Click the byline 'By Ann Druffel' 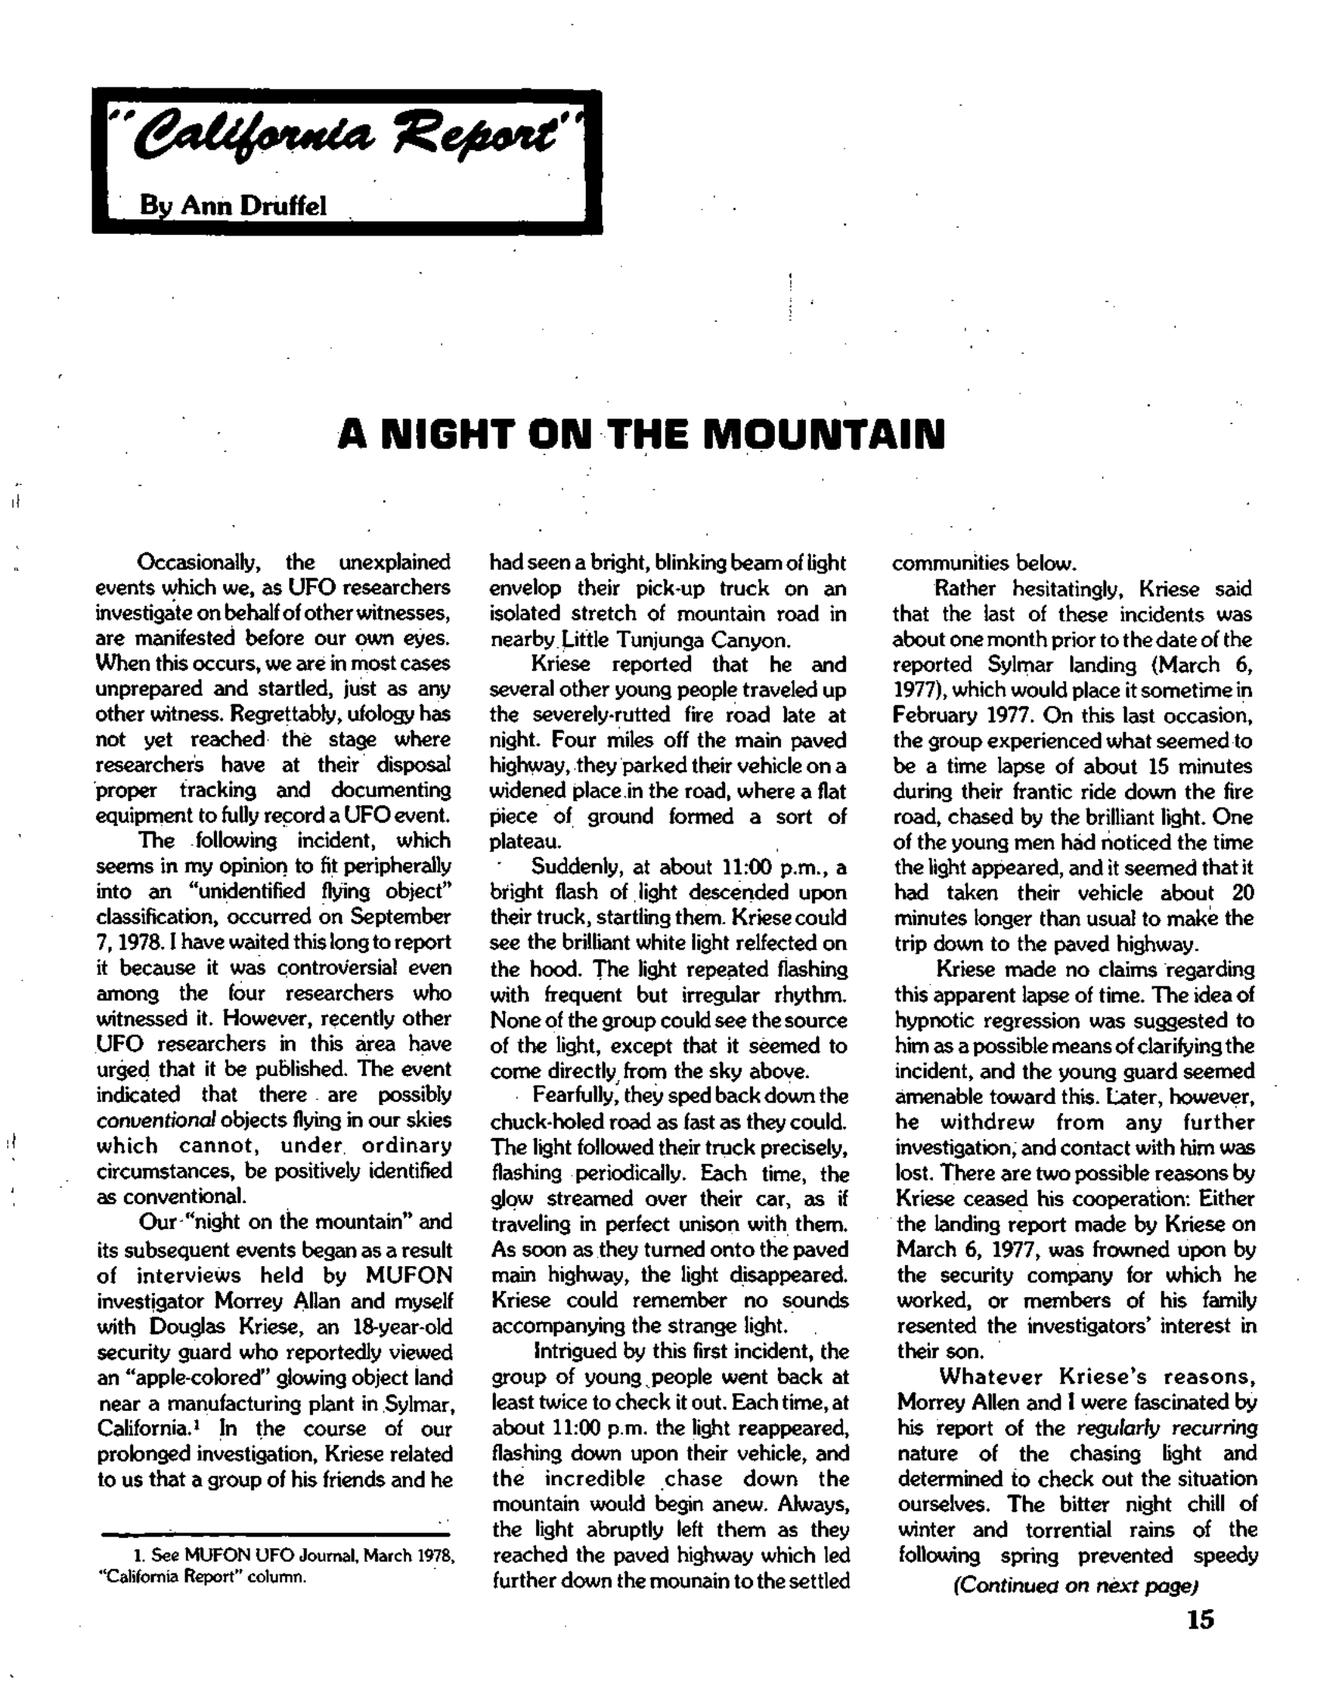coord(233,205)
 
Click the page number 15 coord(1199,1619)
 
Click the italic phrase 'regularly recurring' coord(1167,1428)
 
